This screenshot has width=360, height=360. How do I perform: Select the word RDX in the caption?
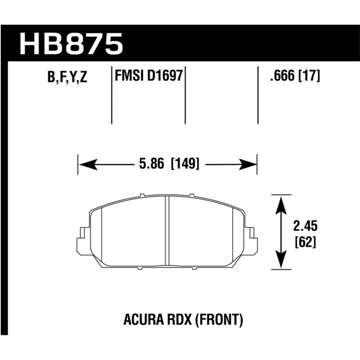pyautogui.click(x=171, y=320)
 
